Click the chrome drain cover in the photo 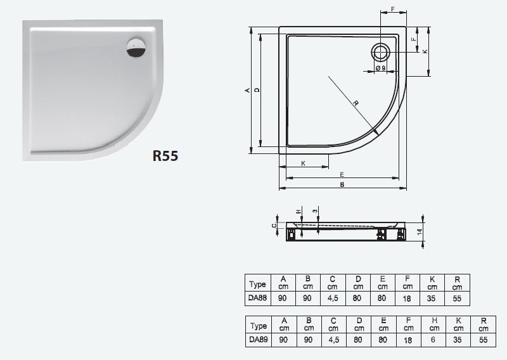pyautogui.click(x=135, y=48)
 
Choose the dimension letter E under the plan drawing pyautogui.click(x=342, y=174)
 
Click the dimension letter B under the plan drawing pyautogui.click(x=342, y=185)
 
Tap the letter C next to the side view pyautogui.click(x=274, y=225)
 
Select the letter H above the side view pyautogui.click(x=297, y=211)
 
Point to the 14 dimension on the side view pyautogui.click(x=419, y=232)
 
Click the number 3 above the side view pyautogui.click(x=315, y=210)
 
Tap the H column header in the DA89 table pyautogui.click(x=433, y=325)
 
